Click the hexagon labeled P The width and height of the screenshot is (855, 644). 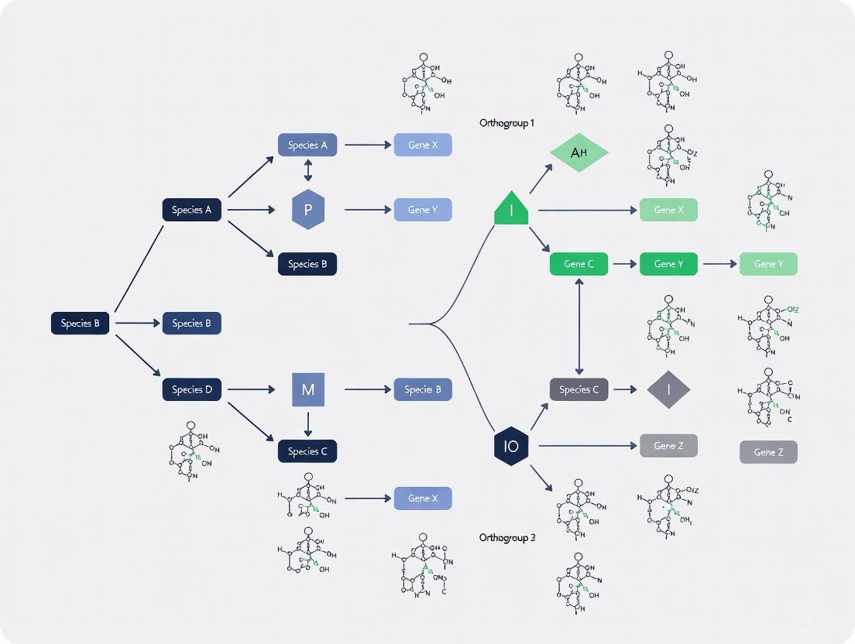[x=307, y=210]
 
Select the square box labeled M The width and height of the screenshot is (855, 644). [x=307, y=389]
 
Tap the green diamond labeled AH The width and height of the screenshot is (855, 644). [x=579, y=152]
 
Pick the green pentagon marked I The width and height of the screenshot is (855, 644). [x=511, y=209]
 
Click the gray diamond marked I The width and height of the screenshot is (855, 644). [x=668, y=389]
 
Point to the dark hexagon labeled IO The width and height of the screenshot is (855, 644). [x=511, y=446]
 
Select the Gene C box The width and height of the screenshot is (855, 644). [x=579, y=264]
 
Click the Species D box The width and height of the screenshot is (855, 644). [x=191, y=389]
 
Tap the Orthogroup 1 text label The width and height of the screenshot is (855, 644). [x=506, y=123]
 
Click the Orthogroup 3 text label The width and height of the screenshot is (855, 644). [x=506, y=537]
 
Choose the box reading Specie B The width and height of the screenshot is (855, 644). [x=422, y=389]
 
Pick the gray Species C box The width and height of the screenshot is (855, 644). [x=579, y=389]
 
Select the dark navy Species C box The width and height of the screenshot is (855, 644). [x=307, y=451]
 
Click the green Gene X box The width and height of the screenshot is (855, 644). [x=668, y=210]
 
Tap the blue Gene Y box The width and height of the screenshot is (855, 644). [x=422, y=210]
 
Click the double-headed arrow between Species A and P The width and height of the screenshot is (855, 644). [x=307, y=170]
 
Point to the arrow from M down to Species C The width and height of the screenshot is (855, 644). [x=307, y=423]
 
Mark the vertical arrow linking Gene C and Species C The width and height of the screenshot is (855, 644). [x=579, y=327]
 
